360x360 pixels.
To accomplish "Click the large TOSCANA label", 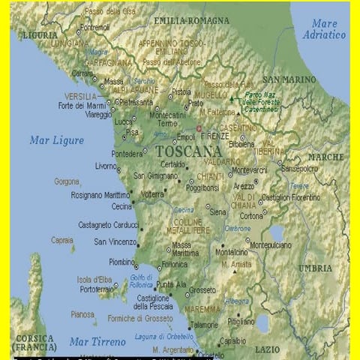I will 189,151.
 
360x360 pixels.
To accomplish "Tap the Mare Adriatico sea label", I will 325,29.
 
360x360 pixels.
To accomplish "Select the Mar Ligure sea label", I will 57,139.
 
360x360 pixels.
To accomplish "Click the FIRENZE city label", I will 214,136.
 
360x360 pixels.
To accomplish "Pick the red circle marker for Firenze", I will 199,128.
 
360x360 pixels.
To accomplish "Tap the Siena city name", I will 217,212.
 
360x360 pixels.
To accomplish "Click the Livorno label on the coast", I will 106,166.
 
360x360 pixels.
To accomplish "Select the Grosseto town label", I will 202,289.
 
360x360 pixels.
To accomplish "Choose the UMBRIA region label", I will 315,268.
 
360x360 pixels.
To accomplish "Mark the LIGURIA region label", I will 40,34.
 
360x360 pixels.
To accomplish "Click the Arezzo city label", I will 244,186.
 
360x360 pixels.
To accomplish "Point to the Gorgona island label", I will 66,181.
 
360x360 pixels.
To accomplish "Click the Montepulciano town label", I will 271,244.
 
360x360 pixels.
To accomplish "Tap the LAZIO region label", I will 267,349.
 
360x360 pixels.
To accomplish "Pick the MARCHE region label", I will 325,157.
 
